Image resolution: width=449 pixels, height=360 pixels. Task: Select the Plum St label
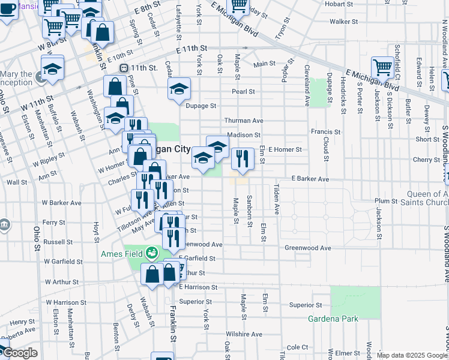382,201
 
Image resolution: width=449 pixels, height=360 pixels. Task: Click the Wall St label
17,182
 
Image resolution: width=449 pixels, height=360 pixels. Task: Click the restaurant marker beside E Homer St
243,158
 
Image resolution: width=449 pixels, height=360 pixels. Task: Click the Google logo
19,353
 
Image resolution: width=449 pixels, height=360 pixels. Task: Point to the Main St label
264,64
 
